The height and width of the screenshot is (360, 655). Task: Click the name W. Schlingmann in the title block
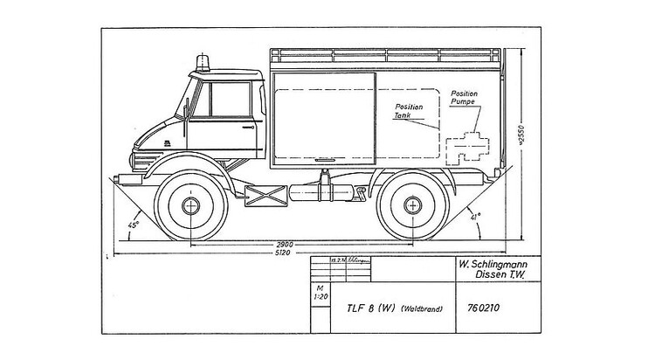495,262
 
